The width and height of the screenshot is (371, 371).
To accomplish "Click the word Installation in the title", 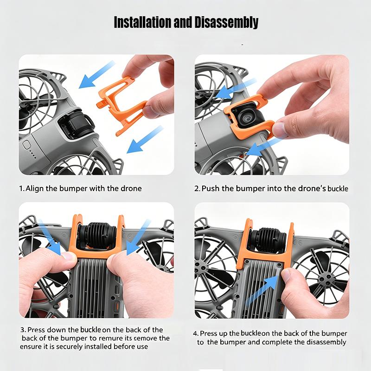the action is (x=143, y=22).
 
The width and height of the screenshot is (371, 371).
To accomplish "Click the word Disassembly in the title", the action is (x=226, y=23).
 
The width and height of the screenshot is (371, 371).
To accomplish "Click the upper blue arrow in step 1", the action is (x=97, y=75).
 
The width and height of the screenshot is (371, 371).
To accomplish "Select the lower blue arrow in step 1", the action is (x=145, y=140).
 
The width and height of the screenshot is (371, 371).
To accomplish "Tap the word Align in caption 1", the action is (x=35, y=189).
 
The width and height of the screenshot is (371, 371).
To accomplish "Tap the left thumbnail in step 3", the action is (x=69, y=256).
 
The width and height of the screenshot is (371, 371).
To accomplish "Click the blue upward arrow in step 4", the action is (x=262, y=290).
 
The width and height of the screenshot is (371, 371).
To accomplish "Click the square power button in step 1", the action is (x=26, y=144).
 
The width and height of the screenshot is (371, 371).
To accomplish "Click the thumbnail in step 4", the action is (x=286, y=276).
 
